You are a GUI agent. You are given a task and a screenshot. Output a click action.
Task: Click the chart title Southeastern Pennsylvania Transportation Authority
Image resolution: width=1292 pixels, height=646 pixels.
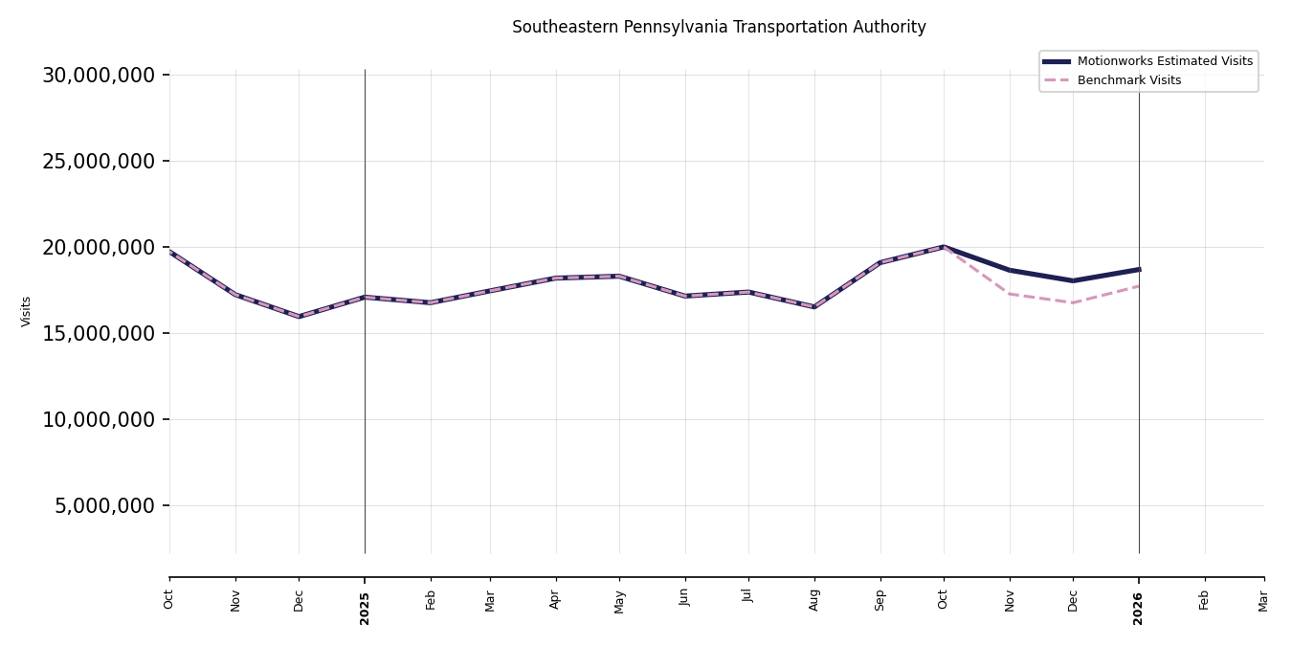tap(719, 28)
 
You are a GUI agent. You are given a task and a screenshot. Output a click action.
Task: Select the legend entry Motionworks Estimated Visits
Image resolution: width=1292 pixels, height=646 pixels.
tap(1164, 61)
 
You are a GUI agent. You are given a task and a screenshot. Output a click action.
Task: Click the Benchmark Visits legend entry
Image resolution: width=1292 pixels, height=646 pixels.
tap(1128, 80)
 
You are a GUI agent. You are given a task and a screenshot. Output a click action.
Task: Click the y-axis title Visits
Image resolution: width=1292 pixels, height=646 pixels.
tap(27, 311)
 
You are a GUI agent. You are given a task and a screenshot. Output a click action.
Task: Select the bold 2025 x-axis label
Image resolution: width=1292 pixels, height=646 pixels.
tap(365, 608)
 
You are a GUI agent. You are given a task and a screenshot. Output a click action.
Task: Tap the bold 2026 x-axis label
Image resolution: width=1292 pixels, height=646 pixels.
tap(1139, 608)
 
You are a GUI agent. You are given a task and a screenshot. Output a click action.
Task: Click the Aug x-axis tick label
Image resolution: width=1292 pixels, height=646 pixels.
tap(814, 599)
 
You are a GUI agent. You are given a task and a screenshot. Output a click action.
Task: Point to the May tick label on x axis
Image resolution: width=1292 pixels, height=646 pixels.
tap(619, 601)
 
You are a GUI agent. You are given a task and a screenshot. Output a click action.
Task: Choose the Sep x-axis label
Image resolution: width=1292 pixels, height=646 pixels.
tap(880, 599)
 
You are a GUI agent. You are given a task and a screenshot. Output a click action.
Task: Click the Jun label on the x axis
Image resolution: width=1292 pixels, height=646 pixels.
tap(685, 597)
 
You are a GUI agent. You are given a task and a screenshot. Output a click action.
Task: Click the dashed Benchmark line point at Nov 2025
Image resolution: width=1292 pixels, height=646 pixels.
tap(1010, 294)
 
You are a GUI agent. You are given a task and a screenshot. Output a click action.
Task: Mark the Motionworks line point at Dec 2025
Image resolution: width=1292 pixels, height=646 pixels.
tap(1073, 280)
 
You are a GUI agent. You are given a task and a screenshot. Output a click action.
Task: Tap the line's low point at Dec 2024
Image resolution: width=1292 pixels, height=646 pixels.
tap(300, 316)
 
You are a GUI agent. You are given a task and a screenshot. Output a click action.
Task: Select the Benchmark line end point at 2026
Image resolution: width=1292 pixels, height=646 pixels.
tap(1139, 285)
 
